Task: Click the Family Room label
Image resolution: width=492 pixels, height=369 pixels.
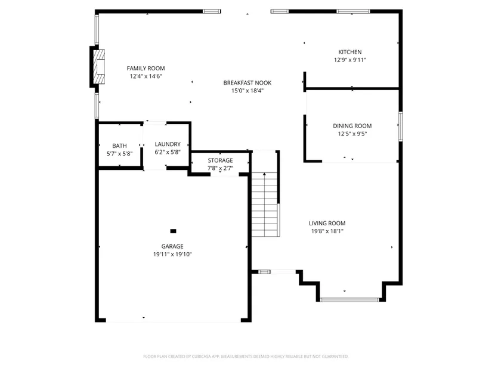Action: click(146, 68)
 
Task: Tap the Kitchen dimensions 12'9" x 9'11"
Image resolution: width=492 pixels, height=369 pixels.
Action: click(350, 60)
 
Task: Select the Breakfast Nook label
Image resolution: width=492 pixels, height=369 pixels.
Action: click(247, 83)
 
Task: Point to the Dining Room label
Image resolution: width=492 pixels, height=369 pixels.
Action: click(352, 126)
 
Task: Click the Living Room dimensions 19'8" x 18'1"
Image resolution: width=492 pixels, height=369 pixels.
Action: click(327, 231)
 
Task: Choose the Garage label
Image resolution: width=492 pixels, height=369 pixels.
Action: click(172, 246)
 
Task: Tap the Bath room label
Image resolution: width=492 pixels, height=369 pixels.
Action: click(119, 145)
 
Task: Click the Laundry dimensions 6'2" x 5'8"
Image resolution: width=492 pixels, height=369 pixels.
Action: click(168, 152)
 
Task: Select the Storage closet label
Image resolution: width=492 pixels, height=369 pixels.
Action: click(220, 160)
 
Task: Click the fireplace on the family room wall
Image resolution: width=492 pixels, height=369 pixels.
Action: click(100, 67)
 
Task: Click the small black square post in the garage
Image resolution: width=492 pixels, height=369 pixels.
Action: click(173, 231)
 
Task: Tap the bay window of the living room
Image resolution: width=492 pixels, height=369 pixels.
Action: click(349, 300)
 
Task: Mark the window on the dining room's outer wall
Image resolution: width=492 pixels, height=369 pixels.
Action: click(401, 126)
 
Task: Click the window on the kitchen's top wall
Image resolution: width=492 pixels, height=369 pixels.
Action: click(353, 11)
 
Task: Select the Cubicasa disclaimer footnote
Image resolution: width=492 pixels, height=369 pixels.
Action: click(246, 356)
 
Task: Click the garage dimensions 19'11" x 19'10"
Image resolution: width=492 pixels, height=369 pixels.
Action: click(172, 255)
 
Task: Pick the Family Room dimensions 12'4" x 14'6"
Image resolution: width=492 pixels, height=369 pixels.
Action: click(146, 76)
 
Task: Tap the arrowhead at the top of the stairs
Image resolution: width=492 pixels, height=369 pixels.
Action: click(265, 174)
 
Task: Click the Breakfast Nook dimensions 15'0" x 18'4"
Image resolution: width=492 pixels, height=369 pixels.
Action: click(247, 91)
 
